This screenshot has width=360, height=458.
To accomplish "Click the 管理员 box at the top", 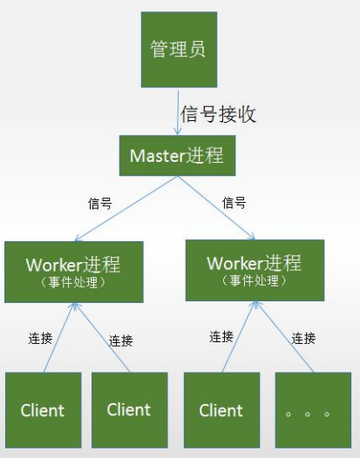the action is [x=179, y=50].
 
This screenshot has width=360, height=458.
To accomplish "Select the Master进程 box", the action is [x=177, y=155].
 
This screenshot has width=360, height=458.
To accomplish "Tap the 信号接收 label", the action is [x=218, y=114].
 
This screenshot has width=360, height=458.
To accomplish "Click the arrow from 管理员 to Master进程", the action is [x=178, y=112].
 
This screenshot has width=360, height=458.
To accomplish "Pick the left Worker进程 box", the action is [x=74, y=272].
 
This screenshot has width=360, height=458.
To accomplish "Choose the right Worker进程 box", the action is [x=255, y=270].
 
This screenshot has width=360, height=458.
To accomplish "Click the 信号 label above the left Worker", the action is [x=99, y=203].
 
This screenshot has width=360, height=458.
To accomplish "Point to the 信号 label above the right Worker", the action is [x=234, y=202].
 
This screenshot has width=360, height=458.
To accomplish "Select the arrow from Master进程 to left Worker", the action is [x=126, y=209].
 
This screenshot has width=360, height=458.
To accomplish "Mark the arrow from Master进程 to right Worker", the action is [x=216, y=208].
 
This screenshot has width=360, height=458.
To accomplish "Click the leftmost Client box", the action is [x=43, y=410].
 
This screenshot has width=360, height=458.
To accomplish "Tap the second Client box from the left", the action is [x=129, y=410].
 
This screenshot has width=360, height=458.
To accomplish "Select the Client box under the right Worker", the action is [x=221, y=410].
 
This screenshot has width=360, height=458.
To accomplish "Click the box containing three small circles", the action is [x=313, y=410].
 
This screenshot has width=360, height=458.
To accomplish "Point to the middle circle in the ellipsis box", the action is [x=308, y=414].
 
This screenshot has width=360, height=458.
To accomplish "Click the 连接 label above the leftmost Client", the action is [x=40, y=338].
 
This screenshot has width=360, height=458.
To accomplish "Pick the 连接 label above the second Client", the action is [x=121, y=340].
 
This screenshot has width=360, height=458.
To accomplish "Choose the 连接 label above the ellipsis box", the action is [x=303, y=338].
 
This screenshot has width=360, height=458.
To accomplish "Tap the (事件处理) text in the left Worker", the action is [x=73, y=282].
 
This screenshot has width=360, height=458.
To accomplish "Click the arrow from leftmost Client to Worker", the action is [x=59, y=338].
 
